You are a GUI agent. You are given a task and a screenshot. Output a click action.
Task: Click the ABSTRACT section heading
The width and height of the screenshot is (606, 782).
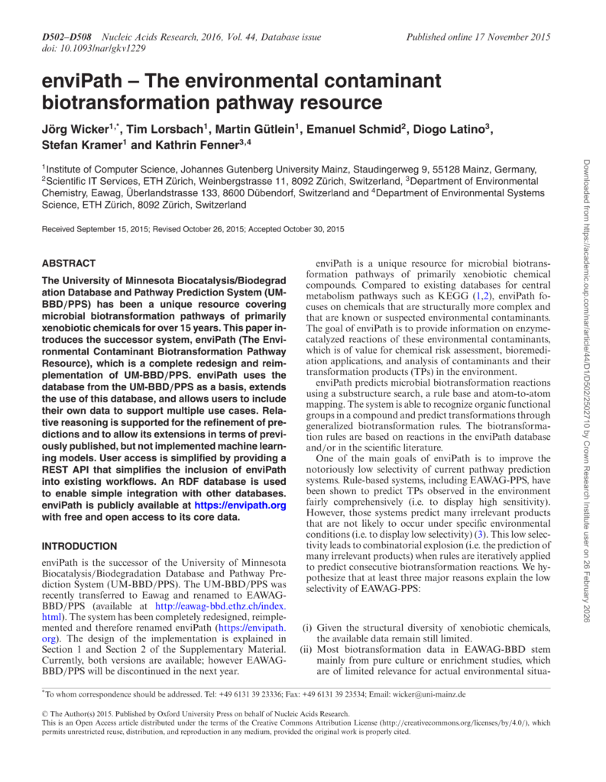[69, 263]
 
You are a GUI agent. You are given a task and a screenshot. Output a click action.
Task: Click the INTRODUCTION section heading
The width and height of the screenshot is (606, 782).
[79, 546]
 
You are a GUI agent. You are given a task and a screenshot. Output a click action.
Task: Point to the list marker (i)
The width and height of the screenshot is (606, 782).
[306, 625]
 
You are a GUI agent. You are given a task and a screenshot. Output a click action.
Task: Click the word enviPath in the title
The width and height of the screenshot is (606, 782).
[83, 81]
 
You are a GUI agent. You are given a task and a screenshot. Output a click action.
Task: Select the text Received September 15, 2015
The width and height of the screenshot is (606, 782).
[96, 228]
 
